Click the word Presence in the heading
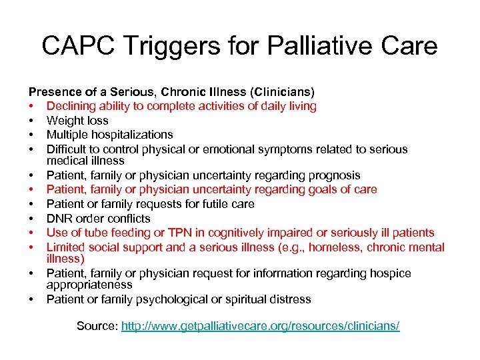52,91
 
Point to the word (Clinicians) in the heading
281,91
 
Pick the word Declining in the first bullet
71,106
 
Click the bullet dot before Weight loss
31,121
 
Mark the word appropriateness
89,285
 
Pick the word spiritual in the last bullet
247,299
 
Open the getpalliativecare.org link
260,326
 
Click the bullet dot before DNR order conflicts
31,219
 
